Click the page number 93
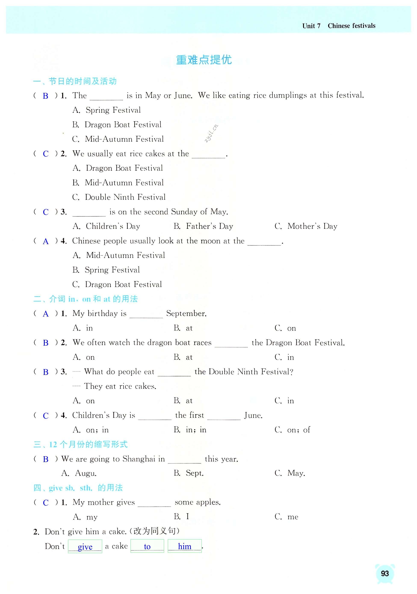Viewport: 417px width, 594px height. coord(385,573)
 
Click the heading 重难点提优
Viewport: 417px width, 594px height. coord(204,60)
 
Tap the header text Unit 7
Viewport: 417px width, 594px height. coord(311,26)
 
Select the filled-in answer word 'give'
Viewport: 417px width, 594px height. coord(85,547)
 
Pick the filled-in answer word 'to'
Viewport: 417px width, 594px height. coord(147,546)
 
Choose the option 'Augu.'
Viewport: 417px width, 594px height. coord(86,473)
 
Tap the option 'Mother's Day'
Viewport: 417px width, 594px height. coord(312,226)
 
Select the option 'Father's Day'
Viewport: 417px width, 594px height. coord(209,226)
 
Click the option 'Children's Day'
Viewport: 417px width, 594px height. coord(113,226)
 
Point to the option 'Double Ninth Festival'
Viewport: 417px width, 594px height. coord(125,197)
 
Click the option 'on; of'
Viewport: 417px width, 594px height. coord(298,430)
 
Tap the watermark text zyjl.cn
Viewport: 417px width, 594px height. coord(211,133)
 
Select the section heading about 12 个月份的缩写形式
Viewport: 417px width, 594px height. coord(88,444)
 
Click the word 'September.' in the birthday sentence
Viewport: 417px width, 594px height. coord(186,314)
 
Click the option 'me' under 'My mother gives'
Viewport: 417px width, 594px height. coord(293,517)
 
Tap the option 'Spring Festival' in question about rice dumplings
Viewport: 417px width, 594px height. coord(113,110)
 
